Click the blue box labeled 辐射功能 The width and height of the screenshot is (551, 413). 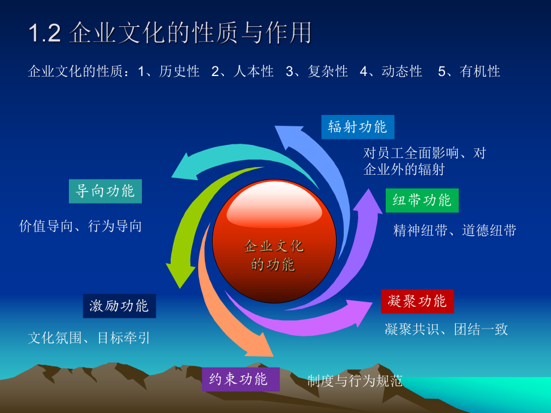[358, 127]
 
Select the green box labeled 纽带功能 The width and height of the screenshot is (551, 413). [422, 201]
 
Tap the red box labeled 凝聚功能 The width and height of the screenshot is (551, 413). [417, 301]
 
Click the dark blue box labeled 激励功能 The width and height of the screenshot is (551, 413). [119, 306]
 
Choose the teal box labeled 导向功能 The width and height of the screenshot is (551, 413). [105, 192]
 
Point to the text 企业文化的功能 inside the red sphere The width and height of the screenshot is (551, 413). [274, 255]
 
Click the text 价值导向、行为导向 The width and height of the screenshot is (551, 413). [81, 226]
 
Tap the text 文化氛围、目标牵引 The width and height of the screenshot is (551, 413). [89, 338]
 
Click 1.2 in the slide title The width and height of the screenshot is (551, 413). [45, 34]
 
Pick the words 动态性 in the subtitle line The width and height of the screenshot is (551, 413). [401, 72]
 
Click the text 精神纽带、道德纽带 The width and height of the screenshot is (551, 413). [454, 230]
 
